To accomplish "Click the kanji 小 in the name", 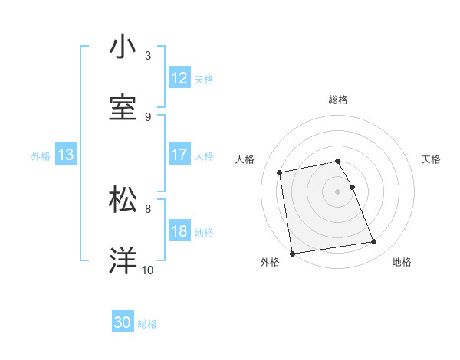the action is click(123, 47).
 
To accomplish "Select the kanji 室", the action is click(123, 107).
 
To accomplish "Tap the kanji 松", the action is click(123, 199).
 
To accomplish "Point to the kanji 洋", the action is click(123, 260).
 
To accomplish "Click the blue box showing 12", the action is click(179, 78).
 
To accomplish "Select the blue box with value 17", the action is click(179, 155).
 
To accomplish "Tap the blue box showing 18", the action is click(179, 232).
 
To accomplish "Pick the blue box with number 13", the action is click(66, 155).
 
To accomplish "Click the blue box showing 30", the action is click(123, 322).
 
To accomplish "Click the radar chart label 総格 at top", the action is click(338, 100).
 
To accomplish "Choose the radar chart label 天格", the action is click(431, 159).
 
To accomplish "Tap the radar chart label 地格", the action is click(402, 262).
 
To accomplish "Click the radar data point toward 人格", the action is click(280, 172).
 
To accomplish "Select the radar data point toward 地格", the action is click(373, 242).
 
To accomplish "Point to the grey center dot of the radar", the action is click(338, 191).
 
